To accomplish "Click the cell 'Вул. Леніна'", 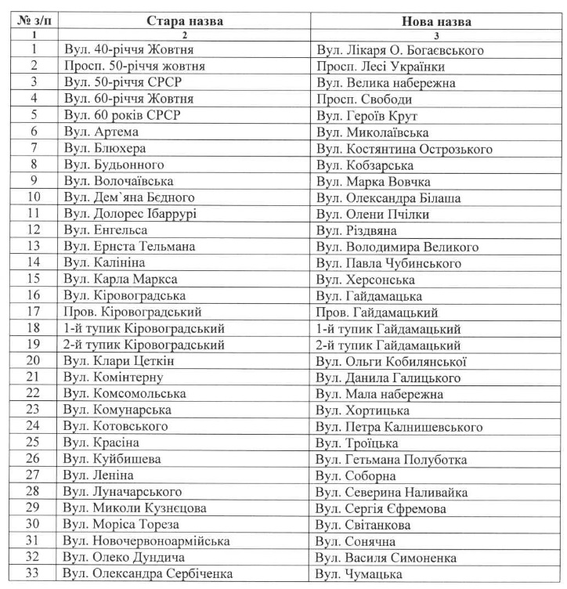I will (x=99, y=475).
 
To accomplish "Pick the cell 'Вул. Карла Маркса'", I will (x=121, y=280).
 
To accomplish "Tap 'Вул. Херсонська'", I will (x=362, y=280).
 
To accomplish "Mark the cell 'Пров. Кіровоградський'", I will (x=129, y=312).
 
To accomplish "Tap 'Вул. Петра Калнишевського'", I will (x=399, y=427).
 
